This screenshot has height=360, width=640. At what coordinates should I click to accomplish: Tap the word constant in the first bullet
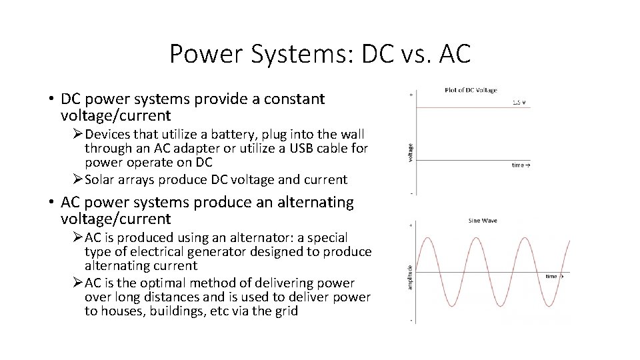(293, 99)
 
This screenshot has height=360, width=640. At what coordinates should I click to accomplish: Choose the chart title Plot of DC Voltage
(470, 89)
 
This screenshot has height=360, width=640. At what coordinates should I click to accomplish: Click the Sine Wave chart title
(483, 220)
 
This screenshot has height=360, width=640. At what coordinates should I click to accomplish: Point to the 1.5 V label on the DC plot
(519, 102)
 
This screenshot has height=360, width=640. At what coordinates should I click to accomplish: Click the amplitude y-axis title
(409, 275)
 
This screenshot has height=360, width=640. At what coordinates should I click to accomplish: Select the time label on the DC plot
(519, 164)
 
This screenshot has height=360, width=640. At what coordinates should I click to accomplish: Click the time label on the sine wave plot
(552, 276)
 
